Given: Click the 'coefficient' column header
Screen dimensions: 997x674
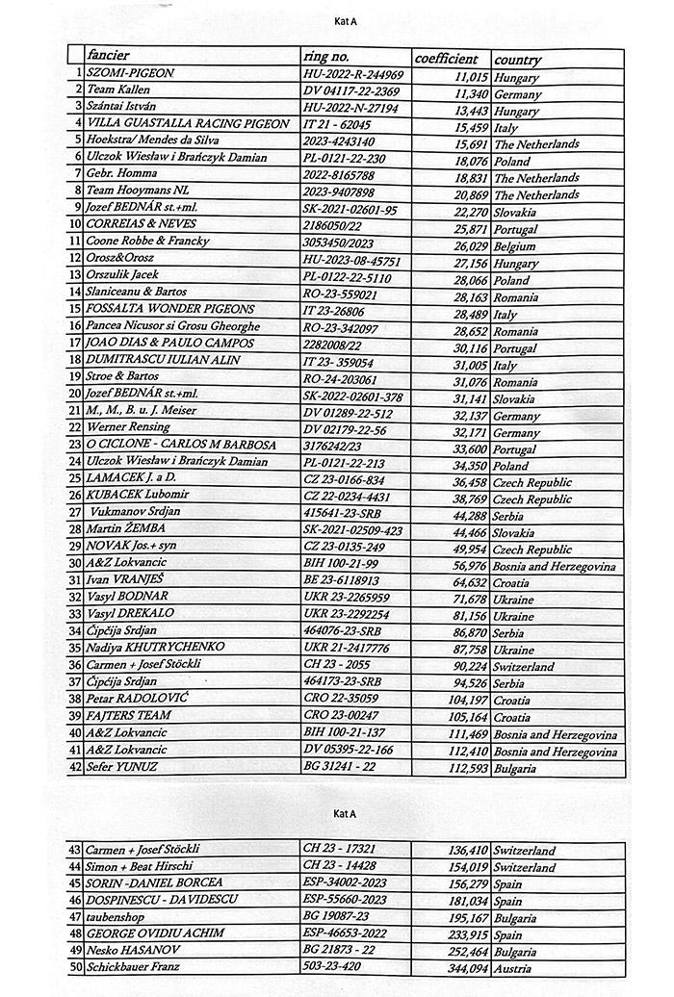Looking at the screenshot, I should (x=446, y=58).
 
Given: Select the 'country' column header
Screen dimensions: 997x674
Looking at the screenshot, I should (x=517, y=60).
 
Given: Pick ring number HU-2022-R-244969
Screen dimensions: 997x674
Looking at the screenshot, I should (x=352, y=75).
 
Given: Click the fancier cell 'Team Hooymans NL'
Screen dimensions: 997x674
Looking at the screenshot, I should (x=138, y=192).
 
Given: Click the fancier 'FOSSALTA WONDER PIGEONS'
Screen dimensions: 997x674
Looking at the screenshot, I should (x=170, y=310).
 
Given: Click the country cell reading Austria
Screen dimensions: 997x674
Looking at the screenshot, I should (x=513, y=967).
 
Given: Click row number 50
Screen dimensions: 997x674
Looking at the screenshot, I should (x=75, y=966).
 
